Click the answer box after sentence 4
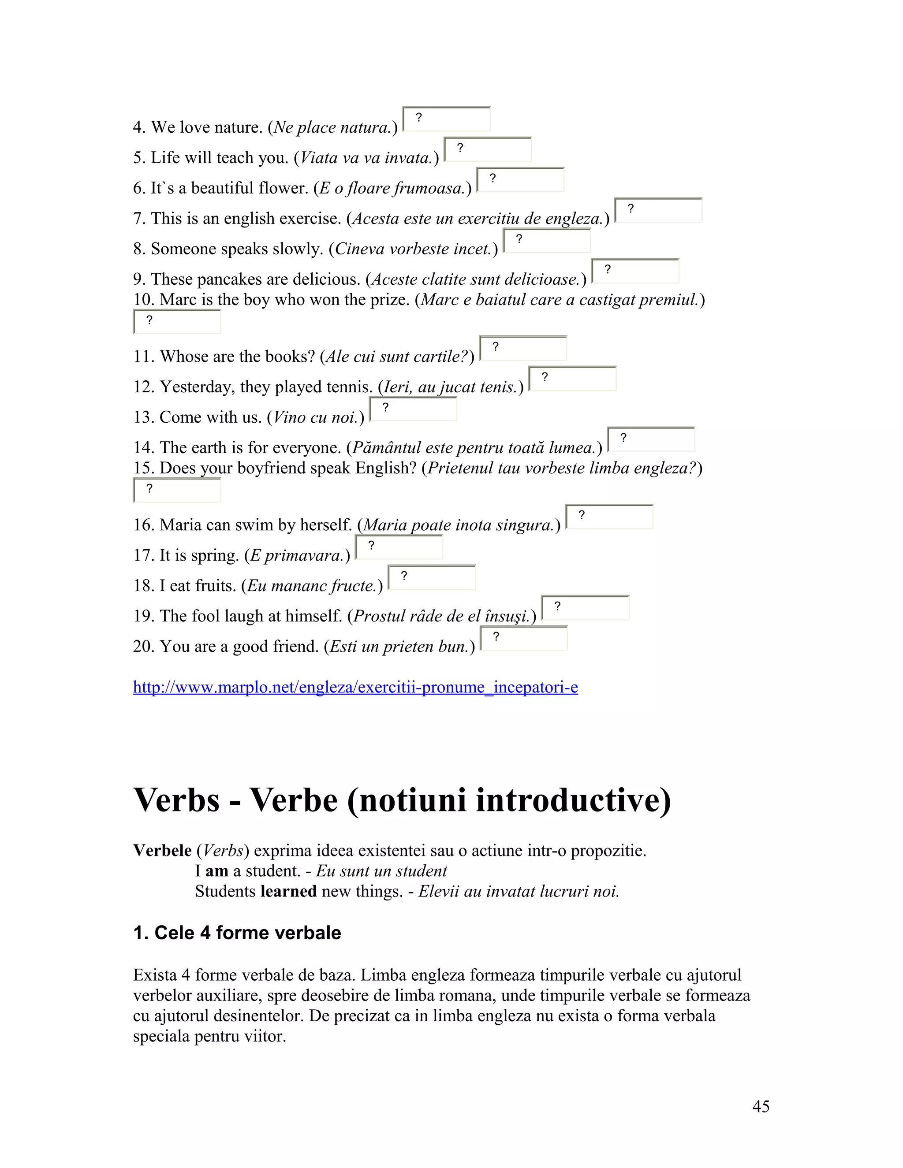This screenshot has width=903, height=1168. point(446,119)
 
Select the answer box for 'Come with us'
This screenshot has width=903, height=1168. point(413,409)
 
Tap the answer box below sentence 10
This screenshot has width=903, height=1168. point(177,322)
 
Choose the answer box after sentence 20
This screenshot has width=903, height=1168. point(524,638)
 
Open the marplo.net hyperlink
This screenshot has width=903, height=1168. point(355,687)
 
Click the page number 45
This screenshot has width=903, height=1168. point(761,1106)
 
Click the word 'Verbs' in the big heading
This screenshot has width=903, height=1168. point(176,800)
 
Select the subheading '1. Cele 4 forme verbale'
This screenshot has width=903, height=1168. point(237,933)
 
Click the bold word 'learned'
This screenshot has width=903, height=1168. point(288,892)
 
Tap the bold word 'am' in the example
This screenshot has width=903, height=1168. point(216,871)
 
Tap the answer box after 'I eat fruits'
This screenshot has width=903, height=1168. point(432,577)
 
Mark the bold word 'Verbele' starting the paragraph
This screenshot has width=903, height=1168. point(162,851)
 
